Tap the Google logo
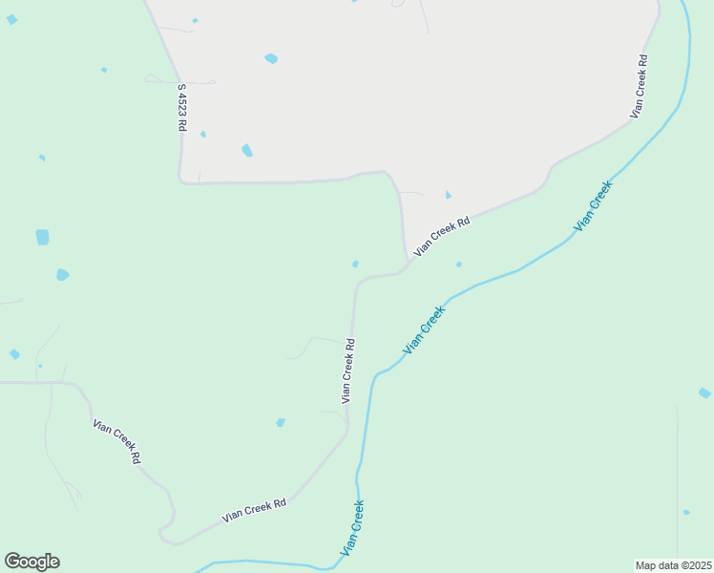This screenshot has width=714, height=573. coord(31,562)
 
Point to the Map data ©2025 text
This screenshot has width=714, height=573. coord(673,564)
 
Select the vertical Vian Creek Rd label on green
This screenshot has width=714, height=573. coord(349,371)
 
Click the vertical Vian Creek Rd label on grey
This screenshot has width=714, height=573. coord(640,86)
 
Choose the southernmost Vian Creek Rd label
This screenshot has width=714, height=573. coord(255,511)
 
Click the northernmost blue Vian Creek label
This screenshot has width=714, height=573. coord(593,205)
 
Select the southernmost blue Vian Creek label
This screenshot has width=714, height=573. coord(352,528)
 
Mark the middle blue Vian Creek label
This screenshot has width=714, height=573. coord(424,330)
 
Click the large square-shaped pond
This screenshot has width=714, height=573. coord(42,237)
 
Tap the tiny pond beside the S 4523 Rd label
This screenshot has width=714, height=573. coord(203,135)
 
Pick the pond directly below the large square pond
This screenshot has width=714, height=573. coord(62,275)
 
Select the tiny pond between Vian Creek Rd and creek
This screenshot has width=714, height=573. coord(459,265)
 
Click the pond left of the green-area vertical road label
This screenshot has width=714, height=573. coord(281,422)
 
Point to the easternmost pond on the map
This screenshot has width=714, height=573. coord(704,393)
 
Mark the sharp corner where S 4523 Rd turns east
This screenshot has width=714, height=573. coord(181,180)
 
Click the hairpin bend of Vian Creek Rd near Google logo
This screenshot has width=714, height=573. coord(164,534)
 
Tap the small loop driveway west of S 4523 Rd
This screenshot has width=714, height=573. coord(153,79)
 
